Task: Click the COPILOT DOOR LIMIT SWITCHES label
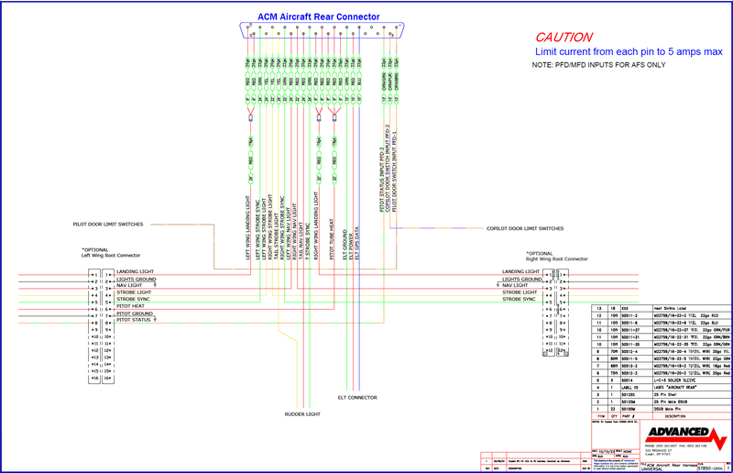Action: pyautogui.click(x=524, y=227)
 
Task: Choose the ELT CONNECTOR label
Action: pyautogui.click(x=357, y=397)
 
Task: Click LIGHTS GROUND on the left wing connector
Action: pyautogui.click(x=137, y=279)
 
